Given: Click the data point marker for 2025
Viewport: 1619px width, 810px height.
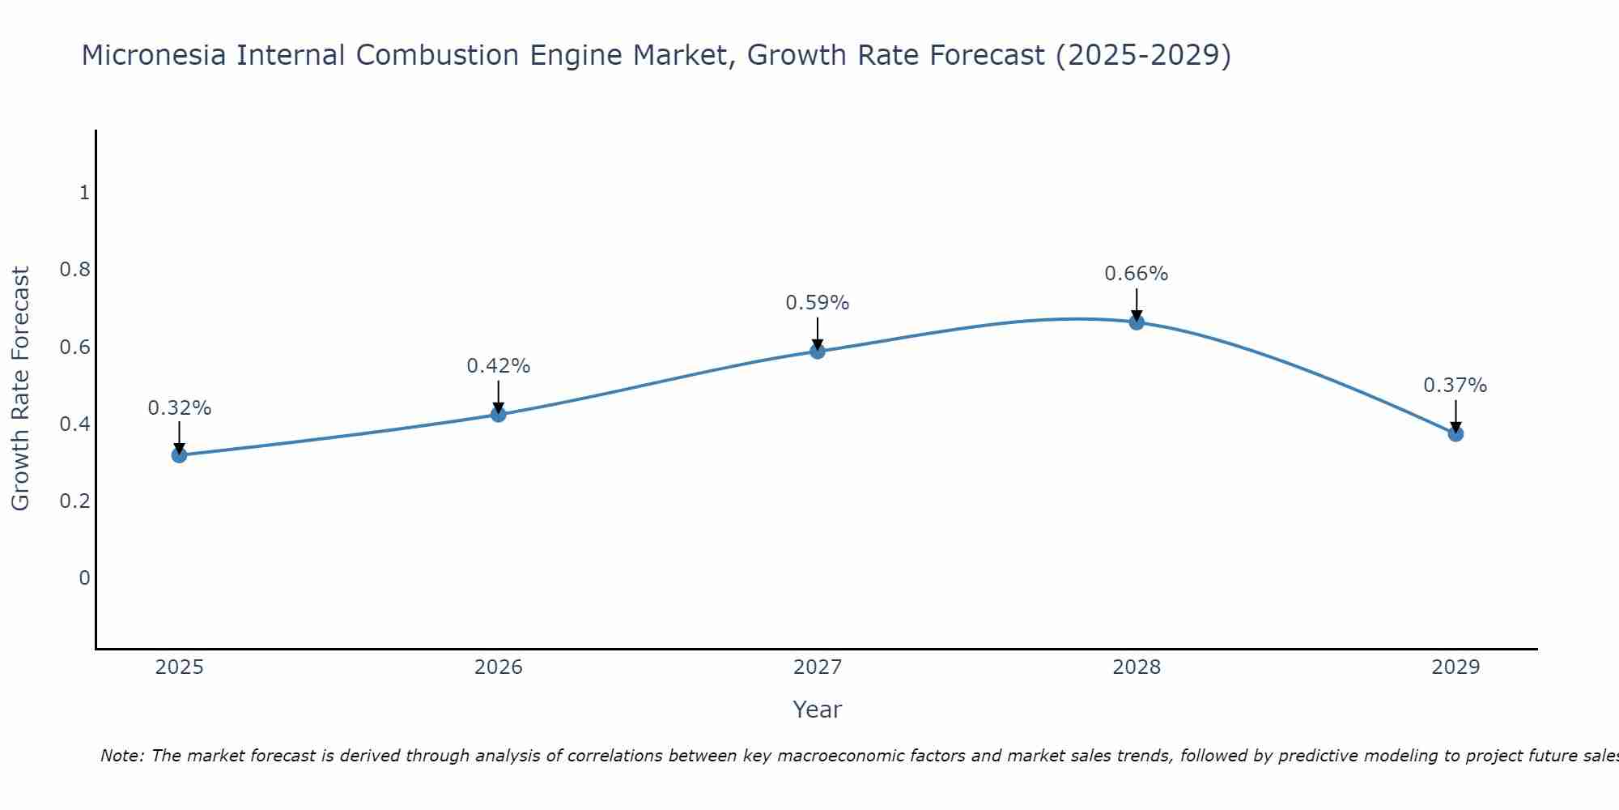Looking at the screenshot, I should coord(179,455).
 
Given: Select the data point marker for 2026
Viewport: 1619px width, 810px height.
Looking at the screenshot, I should coord(499,415).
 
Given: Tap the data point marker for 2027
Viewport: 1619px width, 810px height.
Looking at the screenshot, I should coord(818,351).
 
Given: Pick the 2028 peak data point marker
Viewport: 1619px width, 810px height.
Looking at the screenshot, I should coord(1137,322).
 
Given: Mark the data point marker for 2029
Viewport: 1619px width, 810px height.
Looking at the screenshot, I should coord(1455,434).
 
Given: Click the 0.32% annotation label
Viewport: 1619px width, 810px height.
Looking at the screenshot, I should coord(179,408).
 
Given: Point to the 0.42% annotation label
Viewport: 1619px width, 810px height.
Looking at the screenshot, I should coord(499,366).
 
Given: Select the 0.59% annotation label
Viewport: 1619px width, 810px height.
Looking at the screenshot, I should coord(818,303).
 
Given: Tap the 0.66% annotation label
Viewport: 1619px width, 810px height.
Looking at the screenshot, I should coord(1137,274).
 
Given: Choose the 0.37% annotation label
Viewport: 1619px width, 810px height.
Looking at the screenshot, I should coord(1455,386).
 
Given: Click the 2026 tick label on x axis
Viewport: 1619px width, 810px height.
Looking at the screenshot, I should coord(499,667).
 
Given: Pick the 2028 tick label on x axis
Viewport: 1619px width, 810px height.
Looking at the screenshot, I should coord(1137,667).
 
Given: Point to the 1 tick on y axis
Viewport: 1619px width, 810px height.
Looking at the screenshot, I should coord(84,193).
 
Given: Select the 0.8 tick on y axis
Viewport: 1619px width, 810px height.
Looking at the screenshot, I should coord(74,270).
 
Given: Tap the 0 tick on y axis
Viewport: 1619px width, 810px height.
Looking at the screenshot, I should coord(84,578).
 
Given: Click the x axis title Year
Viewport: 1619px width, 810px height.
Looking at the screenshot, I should coord(818,710).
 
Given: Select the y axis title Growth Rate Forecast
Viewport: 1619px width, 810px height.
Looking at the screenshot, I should coord(20,389).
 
